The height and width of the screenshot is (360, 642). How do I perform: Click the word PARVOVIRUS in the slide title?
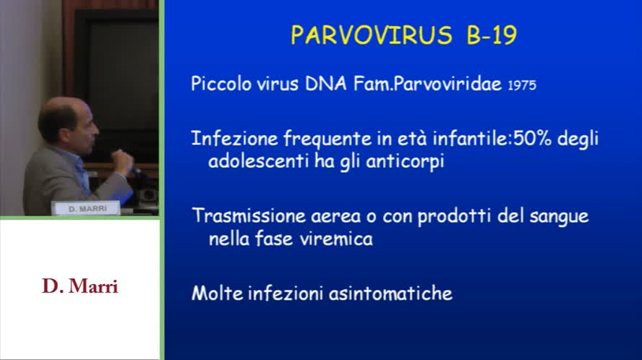[372, 35]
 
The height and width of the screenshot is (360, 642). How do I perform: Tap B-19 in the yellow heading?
[492, 35]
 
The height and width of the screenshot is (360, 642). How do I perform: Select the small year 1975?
[522, 85]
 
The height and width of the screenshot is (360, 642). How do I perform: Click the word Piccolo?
[221, 85]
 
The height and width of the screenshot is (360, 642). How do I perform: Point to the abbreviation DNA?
[326, 84]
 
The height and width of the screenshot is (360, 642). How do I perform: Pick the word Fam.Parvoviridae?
[427, 85]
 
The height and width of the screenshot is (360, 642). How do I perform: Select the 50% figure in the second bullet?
[532, 139]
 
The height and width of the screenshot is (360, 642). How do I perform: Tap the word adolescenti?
[258, 161]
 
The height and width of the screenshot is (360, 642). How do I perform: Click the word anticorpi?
[405, 162]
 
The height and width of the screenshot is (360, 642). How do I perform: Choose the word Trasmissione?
[249, 216]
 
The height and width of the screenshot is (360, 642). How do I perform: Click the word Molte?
[218, 293]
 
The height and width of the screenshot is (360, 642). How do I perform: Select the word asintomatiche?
[390, 293]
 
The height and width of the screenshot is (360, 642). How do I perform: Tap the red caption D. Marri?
[80, 286]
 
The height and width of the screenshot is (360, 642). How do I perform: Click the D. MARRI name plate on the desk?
[86, 208]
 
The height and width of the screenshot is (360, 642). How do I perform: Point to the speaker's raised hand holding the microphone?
[122, 161]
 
